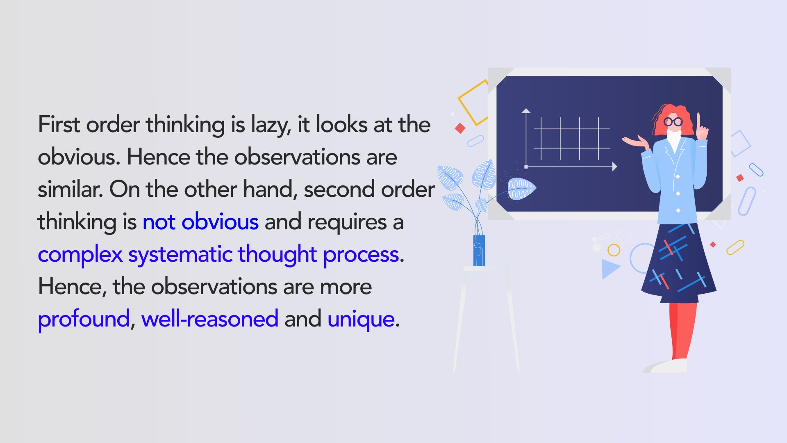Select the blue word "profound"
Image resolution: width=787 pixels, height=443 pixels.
coord(84,319)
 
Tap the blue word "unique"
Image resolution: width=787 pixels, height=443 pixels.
coord(361,319)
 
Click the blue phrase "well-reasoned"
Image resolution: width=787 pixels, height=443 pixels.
coord(209,319)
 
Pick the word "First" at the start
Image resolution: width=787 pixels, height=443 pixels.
coord(59,125)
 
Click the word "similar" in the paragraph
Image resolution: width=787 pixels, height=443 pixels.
coord(70,190)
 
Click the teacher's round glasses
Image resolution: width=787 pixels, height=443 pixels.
coord(673,122)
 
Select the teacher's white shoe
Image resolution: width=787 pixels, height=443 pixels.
coord(668,366)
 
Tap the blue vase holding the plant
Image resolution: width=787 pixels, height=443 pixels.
coord(479,250)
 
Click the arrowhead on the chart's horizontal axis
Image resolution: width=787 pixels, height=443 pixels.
coord(614,167)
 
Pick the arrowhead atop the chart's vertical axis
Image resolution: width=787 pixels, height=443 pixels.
coord(526,111)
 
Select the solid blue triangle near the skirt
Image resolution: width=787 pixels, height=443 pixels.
coord(609,268)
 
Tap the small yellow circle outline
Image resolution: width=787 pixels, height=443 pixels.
coord(614,250)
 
